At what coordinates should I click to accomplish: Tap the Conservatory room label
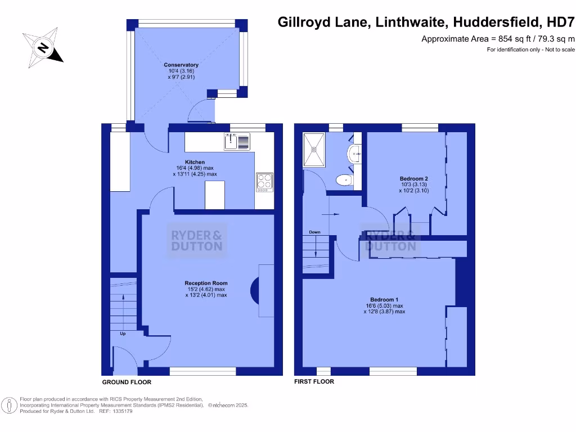coord(181,71)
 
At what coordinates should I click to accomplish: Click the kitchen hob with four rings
coord(264,181)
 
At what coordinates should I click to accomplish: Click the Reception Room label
coord(206,289)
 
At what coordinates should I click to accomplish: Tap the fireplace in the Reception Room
coord(255,288)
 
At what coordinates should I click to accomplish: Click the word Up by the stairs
coord(122,334)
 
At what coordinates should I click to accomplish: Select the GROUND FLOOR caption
coord(127,382)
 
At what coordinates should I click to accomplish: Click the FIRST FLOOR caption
coord(314,381)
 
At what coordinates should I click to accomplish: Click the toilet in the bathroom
coord(343,180)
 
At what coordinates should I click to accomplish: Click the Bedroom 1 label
coord(384,305)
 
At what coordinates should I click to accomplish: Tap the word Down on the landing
coord(314,232)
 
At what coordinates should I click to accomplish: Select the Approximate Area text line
coord(498,39)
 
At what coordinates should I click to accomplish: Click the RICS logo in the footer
coord(10,405)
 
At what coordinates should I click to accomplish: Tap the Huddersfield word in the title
coord(495,22)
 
